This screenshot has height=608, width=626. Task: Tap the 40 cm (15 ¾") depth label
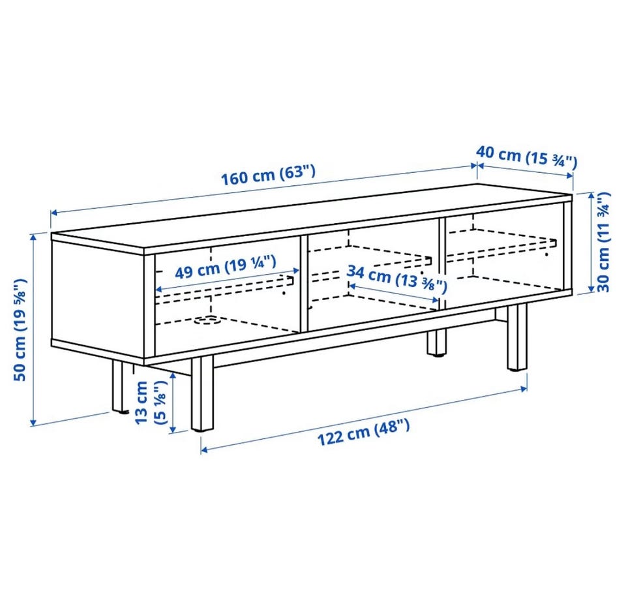point(527,157)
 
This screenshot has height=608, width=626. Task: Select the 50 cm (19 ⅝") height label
point(20,329)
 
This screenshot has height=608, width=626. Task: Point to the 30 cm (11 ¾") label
point(603,242)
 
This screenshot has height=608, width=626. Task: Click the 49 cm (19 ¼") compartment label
point(226,267)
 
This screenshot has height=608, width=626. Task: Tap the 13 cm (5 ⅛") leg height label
point(150,403)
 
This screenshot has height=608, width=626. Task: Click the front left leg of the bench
point(202,393)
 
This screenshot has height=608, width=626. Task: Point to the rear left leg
point(119,386)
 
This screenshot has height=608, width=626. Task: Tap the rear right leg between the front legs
point(436,342)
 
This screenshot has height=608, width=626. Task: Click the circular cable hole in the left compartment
point(207,320)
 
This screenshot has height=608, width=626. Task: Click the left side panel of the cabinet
point(98,298)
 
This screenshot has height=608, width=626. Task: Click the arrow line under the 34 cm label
point(394,293)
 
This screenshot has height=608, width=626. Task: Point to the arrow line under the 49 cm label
point(227,279)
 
